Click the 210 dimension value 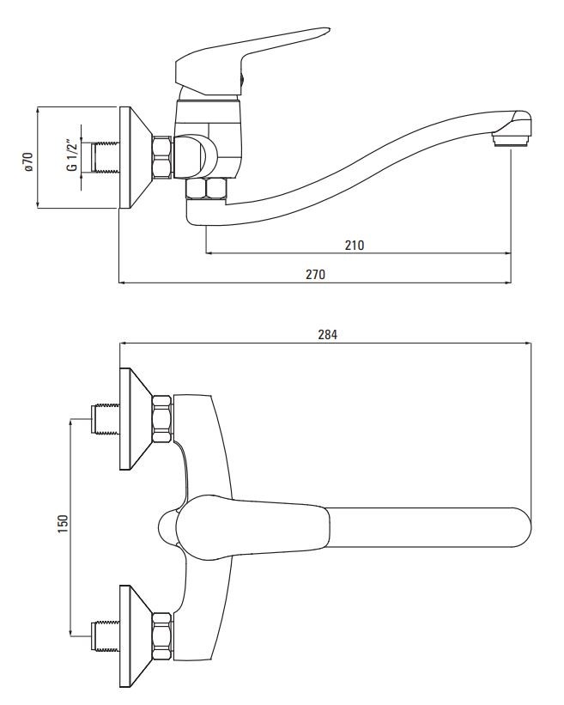click(x=355, y=246)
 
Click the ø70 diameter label click(x=28, y=158)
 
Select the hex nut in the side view click(x=161, y=157)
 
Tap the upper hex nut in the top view click(x=161, y=419)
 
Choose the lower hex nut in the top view click(x=161, y=635)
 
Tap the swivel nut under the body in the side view click(x=207, y=190)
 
